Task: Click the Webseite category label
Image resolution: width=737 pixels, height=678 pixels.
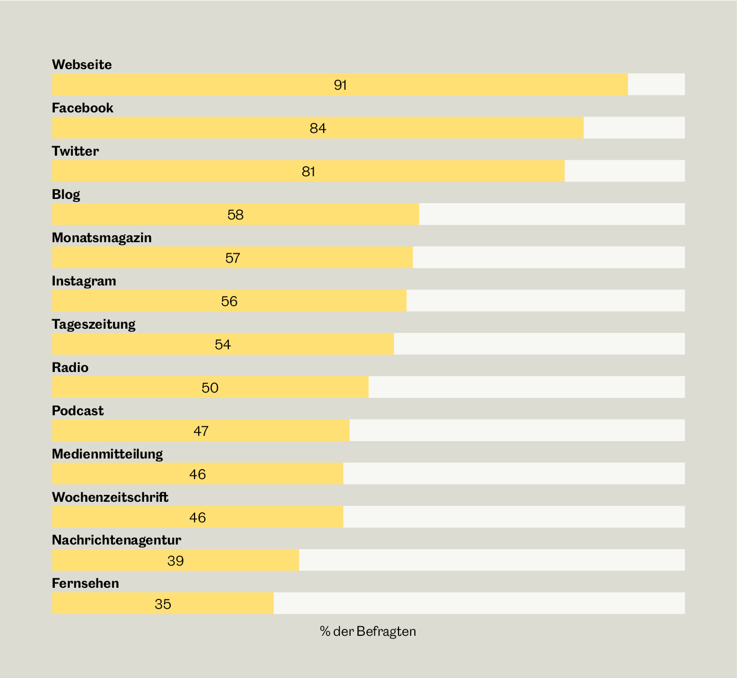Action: click(82, 64)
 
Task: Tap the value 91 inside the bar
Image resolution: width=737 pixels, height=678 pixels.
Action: click(340, 85)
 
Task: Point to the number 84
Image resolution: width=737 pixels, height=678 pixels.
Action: click(318, 128)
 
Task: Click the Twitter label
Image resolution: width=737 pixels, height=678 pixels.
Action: click(75, 151)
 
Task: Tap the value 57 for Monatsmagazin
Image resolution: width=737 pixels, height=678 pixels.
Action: click(232, 258)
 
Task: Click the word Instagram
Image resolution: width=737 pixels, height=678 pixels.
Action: click(84, 281)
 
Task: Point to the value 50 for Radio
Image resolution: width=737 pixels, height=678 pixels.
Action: click(210, 388)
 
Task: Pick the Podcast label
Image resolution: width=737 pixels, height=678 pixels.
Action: click(77, 410)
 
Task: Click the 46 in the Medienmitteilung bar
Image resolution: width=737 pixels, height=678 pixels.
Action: click(197, 474)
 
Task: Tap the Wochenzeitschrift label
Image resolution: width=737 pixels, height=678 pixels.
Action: click(110, 497)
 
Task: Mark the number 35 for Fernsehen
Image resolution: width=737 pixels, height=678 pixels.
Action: click(163, 604)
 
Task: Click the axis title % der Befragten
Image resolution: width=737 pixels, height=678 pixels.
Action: click(368, 632)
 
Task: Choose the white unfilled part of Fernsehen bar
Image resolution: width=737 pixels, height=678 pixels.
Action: click(479, 603)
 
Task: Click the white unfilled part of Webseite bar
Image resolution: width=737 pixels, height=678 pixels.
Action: click(656, 84)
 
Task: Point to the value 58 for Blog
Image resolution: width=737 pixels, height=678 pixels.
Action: click(235, 215)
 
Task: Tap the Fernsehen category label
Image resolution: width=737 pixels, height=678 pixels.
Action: click(85, 583)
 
